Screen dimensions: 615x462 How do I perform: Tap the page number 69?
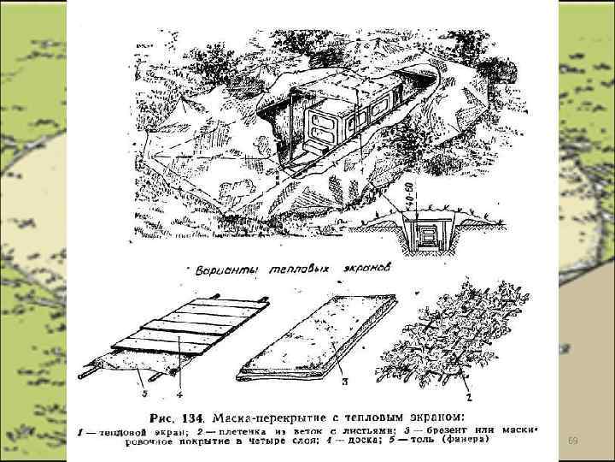point(573,440)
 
